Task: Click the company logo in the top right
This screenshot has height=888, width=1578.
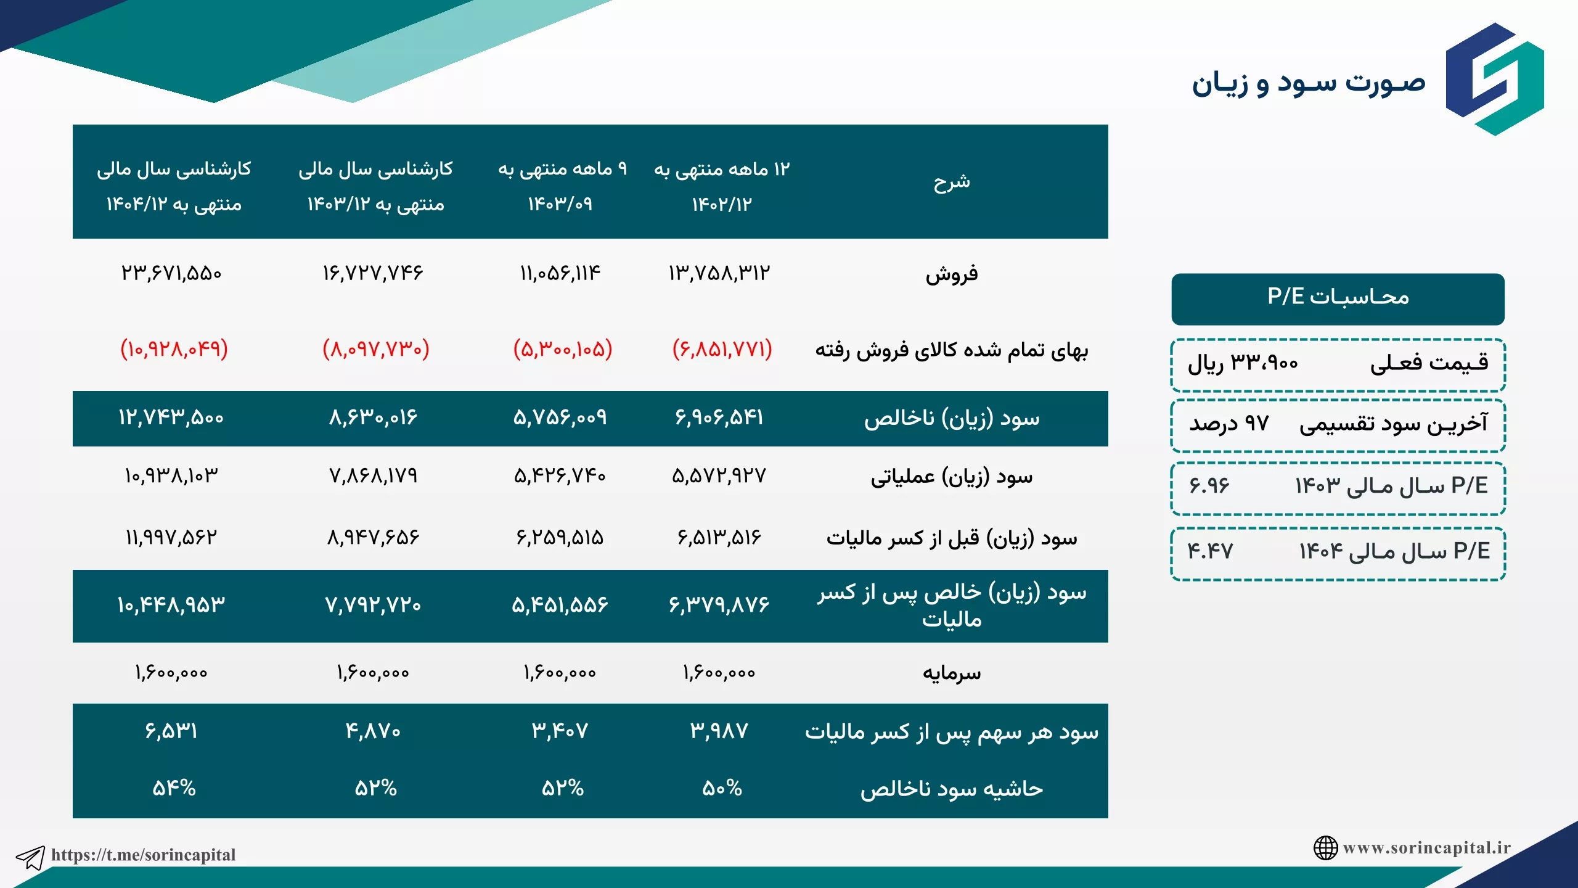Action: point(1495,79)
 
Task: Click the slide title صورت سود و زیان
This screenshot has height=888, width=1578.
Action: point(1308,84)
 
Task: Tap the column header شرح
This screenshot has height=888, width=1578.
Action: point(952,182)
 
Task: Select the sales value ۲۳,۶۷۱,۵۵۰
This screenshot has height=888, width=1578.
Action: point(171,273)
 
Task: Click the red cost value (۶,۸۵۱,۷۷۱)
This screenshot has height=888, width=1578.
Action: point(722,349)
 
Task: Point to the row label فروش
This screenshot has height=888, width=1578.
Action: point(952,274)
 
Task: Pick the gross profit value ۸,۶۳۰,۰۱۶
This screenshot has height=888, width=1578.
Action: point(373,417)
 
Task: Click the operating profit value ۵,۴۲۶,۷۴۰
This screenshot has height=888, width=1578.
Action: point(560,475)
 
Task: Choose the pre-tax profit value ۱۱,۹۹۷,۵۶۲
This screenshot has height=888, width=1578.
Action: point(171,537)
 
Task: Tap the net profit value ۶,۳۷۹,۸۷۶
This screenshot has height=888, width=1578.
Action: point(719,604)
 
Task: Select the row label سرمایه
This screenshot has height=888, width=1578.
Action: point(952,672)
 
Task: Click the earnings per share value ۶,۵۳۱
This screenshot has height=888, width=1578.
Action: point(171,731)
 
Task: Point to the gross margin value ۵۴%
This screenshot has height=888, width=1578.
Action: point(174,788)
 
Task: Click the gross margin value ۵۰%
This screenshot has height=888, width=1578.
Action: point(722,788)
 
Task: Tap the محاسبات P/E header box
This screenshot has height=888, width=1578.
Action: point(1338,299)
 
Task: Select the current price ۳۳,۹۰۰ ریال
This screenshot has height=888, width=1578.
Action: point(1243,363)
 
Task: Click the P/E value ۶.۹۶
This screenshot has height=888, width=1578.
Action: point(1209,486)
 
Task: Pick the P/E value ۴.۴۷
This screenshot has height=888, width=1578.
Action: point(1211,551)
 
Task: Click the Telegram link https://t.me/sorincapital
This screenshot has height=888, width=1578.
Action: point(143,855)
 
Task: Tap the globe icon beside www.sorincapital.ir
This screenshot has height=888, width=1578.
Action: point(1325,848)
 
